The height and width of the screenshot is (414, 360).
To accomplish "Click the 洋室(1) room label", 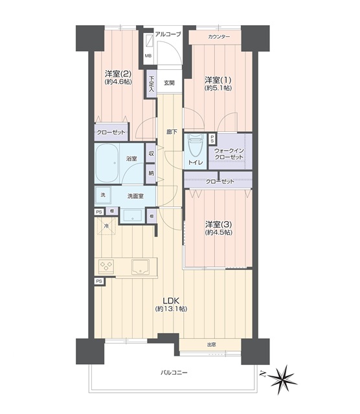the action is click(218, 80).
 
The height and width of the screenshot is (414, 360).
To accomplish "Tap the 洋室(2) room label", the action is click(118, 73).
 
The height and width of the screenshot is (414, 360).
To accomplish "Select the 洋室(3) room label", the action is click(219, 224).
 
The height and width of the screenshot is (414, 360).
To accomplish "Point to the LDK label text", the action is click(171, 300).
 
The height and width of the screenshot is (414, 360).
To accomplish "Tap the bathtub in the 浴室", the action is click(107, 163).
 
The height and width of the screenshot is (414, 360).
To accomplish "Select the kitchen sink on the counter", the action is click(141, 266).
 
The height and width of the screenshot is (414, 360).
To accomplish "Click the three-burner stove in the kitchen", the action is click(106, 266).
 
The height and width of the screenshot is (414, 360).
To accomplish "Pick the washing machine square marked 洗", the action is click(103, 195).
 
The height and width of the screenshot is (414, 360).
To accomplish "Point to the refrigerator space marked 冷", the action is click(107, 226).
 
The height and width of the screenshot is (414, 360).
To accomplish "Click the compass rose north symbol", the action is click(282, 380).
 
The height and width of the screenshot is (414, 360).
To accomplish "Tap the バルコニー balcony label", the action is click(174, 373).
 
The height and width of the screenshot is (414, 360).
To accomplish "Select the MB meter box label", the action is click(148, 56).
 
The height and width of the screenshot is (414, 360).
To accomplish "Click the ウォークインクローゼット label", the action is click(229, 154).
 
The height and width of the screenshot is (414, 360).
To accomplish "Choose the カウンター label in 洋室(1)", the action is click(219, 37).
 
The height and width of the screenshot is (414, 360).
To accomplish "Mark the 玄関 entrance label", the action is click(169, 83).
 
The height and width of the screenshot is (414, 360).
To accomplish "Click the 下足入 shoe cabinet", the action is click(152, 83).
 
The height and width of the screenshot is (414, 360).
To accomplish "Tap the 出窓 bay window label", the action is click(212, 345).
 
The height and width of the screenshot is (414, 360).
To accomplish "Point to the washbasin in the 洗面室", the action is click(133, 215).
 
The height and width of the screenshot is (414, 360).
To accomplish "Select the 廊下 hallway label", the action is click(172, 132).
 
